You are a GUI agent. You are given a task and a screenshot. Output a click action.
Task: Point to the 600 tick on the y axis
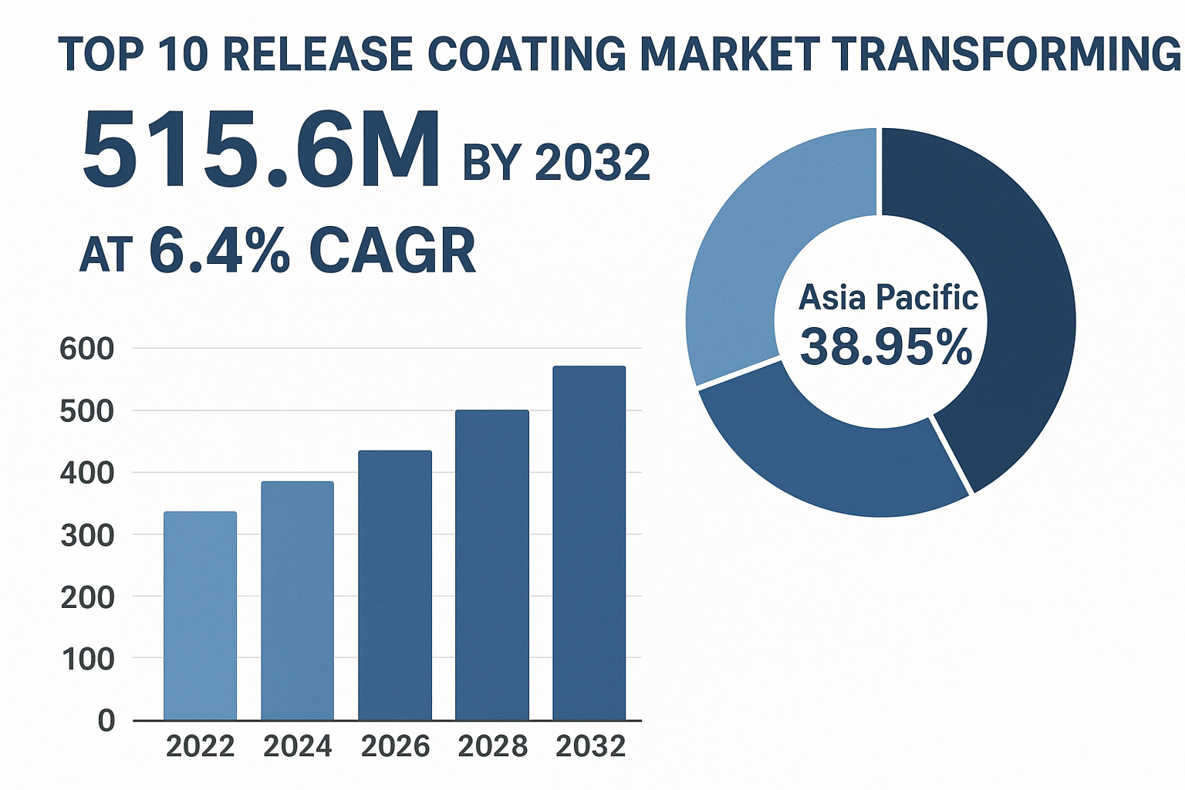coord(86,349)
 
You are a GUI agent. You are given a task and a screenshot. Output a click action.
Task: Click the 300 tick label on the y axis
coord(86,535)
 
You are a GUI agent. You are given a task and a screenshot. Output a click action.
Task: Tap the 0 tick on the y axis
coord(106,721)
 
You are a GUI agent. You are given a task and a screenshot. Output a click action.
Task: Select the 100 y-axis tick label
coord(86,660)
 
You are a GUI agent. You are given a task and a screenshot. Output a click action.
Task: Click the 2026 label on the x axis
coord(395,747)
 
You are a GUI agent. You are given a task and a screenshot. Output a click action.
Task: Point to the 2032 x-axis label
coord(590,747)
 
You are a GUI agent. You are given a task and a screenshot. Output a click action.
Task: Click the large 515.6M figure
coord(261,150)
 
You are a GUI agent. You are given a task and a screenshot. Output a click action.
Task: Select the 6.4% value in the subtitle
coord(219,251)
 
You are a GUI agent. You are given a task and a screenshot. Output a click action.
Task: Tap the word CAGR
coord(393,252)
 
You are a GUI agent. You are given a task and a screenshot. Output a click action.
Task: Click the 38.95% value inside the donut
coord(886,347)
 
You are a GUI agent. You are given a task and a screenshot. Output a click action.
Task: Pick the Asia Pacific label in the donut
coord(888,298)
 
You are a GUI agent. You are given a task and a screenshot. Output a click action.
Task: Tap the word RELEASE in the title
coord(321,55)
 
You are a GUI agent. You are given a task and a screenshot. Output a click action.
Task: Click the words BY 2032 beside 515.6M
coord(556,163)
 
